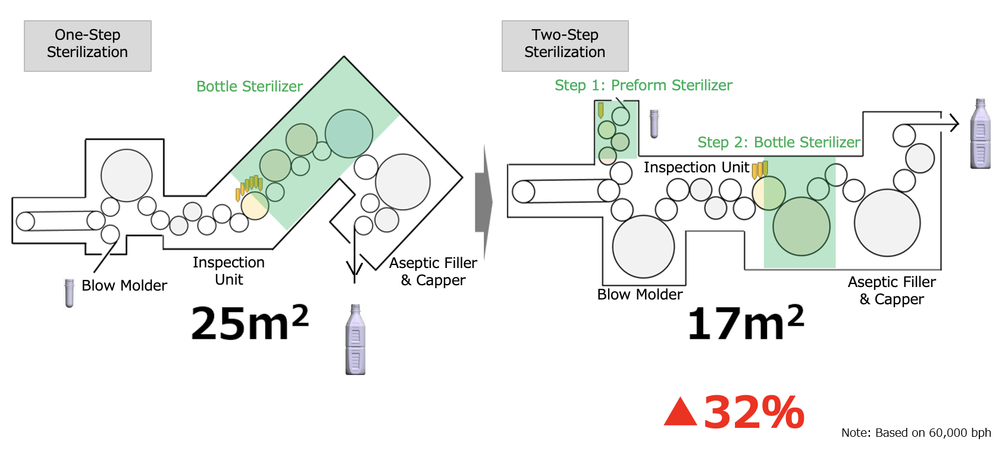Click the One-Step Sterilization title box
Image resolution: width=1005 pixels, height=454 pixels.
coord(87,46)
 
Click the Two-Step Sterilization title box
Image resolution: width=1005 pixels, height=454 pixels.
coord(565,46)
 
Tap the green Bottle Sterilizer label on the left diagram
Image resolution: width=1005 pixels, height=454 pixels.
coord(249,87)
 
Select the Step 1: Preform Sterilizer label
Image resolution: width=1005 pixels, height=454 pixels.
coord(643,86)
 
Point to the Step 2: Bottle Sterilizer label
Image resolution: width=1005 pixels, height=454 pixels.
coord(778,143)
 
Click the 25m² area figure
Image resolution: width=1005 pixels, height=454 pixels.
coord(249,323)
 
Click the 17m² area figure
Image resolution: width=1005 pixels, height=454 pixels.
coord(745,323)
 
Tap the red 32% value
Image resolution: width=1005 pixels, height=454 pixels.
coord(754,412)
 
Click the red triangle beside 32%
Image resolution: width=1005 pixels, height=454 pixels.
coord(680,413)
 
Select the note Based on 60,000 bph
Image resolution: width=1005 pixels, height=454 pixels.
coord(916,433)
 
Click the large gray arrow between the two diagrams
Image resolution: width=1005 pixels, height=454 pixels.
coord(484,203)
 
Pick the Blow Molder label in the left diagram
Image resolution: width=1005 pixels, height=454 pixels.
coord(124,286)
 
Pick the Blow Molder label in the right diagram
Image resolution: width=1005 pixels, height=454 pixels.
coord(640,295)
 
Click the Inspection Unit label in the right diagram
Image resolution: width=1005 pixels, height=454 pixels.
coord(696,168)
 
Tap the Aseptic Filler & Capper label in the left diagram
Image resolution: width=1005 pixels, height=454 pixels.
coord(433,272)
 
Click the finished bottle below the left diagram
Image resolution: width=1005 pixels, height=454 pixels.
coord(355,340)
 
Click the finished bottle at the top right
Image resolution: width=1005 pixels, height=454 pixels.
coord(980,134)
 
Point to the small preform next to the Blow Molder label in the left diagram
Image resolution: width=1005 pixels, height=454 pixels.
coord(70,293)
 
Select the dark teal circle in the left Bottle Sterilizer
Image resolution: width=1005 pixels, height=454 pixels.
coord(349,134)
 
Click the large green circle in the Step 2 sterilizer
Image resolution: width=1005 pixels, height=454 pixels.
coord(801,226)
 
